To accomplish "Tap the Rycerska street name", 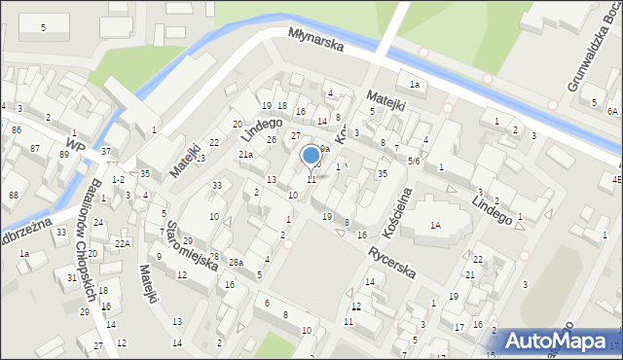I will pyautogui.click(x=391, y=261).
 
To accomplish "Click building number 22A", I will pyautogui.click(x=122, y=243).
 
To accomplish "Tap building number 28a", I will pyautogui.click(x=236, y=263).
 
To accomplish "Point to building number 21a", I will pyautogui.click(x=247, y=154).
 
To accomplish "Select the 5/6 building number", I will pyautogui.click(x=414, y=161).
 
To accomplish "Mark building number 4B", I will pyautogui.click(x=616, y=180).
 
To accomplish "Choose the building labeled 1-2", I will pyautogui.click(x=118, y=180).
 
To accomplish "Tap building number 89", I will pyautogui.click(x=64, y=154).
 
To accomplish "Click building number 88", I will pyautogui.click(x=14, y=195).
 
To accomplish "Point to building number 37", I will pyautogui.click(x=106, y=151).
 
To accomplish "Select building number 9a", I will pyautogui.click(x=325, y=149).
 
